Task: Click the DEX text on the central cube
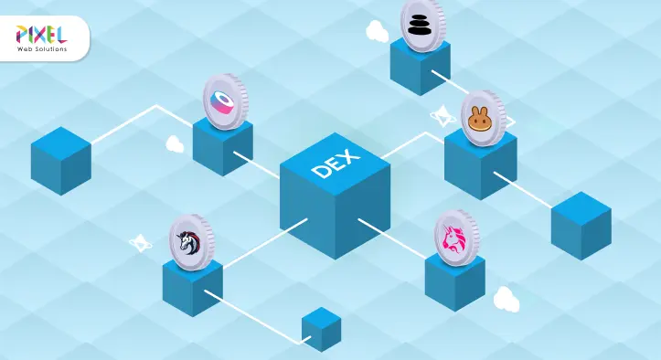pyautogui.click(x=335, y=164)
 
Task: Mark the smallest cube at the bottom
pyautogui.click(x=321, y=329)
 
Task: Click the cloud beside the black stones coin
pyautogui.click(x=377, y=32)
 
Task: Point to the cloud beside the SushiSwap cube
pyautogui.click(x=175, y=144)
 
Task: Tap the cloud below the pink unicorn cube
pyautogui.click(x=506, y=299)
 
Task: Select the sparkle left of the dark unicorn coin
pyautogui.click(x=140, y=243)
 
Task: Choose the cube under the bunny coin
pyautogui.click(x=480, y=169)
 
